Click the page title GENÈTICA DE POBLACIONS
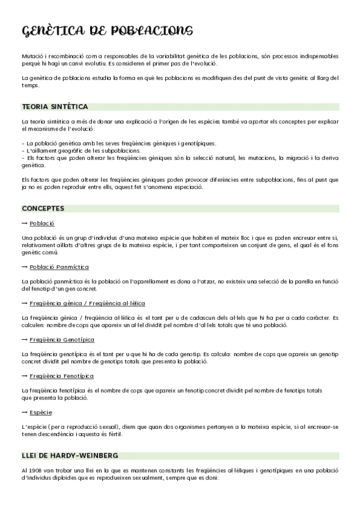pos(107,31)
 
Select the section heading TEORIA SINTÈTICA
pos(55,106)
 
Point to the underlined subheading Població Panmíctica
pos(59,266)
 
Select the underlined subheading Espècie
pos(41,413)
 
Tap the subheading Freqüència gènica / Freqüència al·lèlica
pos(87,303)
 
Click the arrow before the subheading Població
pos(24,223)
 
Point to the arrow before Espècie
pos(24,413)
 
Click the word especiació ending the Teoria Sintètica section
pos(188,186)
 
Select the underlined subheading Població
pos(42,223)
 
